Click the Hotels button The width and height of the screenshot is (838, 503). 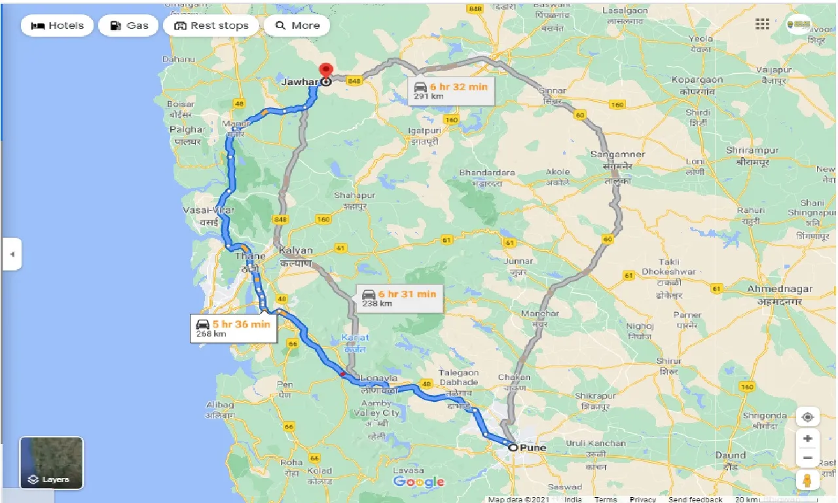[x=58, y=26]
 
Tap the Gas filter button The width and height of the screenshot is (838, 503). [x=128, y=26]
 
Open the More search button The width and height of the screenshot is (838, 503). [x=297, y=26]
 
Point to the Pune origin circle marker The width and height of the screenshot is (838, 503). [x=513, y=448]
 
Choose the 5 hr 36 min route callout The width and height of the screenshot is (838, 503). [x=234, y=328]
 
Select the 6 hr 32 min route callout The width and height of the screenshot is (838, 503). [x=451, y=90]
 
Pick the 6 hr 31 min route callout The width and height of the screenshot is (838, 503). [x=399, y=298]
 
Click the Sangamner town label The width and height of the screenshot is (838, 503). [x=617, y=155]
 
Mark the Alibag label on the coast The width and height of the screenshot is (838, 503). [x=220, y=405]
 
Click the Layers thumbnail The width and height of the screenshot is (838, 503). [x=52, y=463]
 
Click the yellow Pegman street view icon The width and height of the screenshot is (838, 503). [x=808, y=479]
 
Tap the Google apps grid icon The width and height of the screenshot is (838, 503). [x=762, y=24]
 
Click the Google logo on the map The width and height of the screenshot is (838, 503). [x=419, y=482]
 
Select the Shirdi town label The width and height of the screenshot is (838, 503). [x=698, y=112]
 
